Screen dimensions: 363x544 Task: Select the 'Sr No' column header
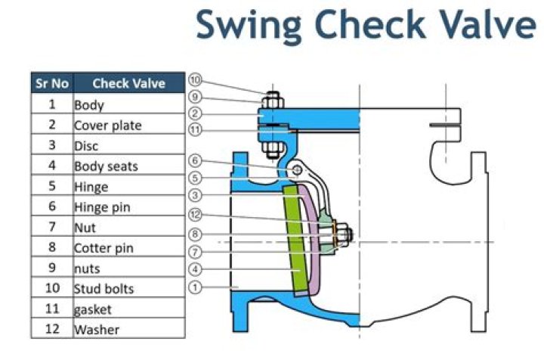point(51,83)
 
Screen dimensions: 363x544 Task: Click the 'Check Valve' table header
point(128,83)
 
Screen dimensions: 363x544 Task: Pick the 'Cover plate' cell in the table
point(107,125)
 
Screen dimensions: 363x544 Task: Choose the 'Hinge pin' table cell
point(103,206)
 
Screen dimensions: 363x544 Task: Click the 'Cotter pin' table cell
point(104,247)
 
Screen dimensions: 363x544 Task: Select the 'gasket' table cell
point(92,309)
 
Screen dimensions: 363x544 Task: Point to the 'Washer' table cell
point(97,329)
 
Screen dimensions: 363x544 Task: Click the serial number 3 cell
point(51,145)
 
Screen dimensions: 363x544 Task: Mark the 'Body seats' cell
point(106,166)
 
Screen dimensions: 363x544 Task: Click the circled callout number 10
point(195,80)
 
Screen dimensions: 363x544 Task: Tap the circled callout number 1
point(195,287)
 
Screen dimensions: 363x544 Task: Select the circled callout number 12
point(195,215)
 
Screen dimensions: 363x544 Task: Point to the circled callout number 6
point(195,160)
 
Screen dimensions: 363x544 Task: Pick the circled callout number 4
point(195,268)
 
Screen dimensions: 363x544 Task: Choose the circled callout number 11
point(195,130)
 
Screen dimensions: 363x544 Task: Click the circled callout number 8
point(195,234)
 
